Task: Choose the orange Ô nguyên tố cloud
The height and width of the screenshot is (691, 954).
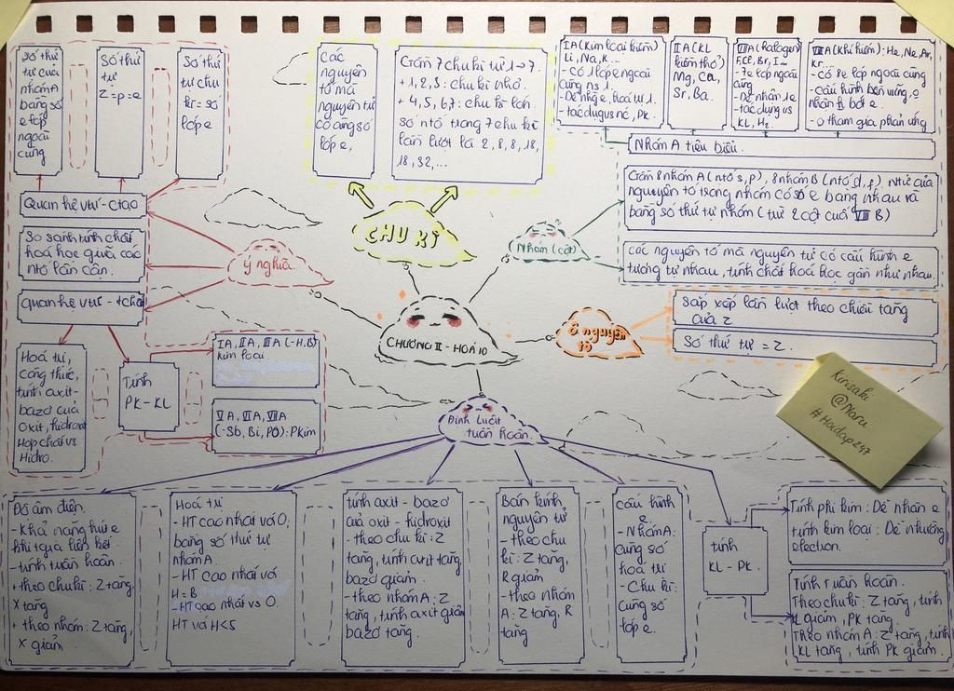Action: tap(597, 337)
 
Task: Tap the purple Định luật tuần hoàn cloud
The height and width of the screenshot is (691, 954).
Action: tap(488, 423)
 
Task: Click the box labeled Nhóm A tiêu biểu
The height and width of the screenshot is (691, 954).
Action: tap(781, 147)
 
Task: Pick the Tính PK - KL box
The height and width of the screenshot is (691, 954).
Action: tap(148, 396)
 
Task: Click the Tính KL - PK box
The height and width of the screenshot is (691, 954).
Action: tap(735, 559)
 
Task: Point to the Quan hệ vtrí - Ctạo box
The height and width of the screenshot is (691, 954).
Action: tap(82, 203)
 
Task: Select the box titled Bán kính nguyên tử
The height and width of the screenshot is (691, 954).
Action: tap(538, 573)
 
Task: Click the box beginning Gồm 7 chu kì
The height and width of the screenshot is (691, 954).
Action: tap(469, 114)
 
